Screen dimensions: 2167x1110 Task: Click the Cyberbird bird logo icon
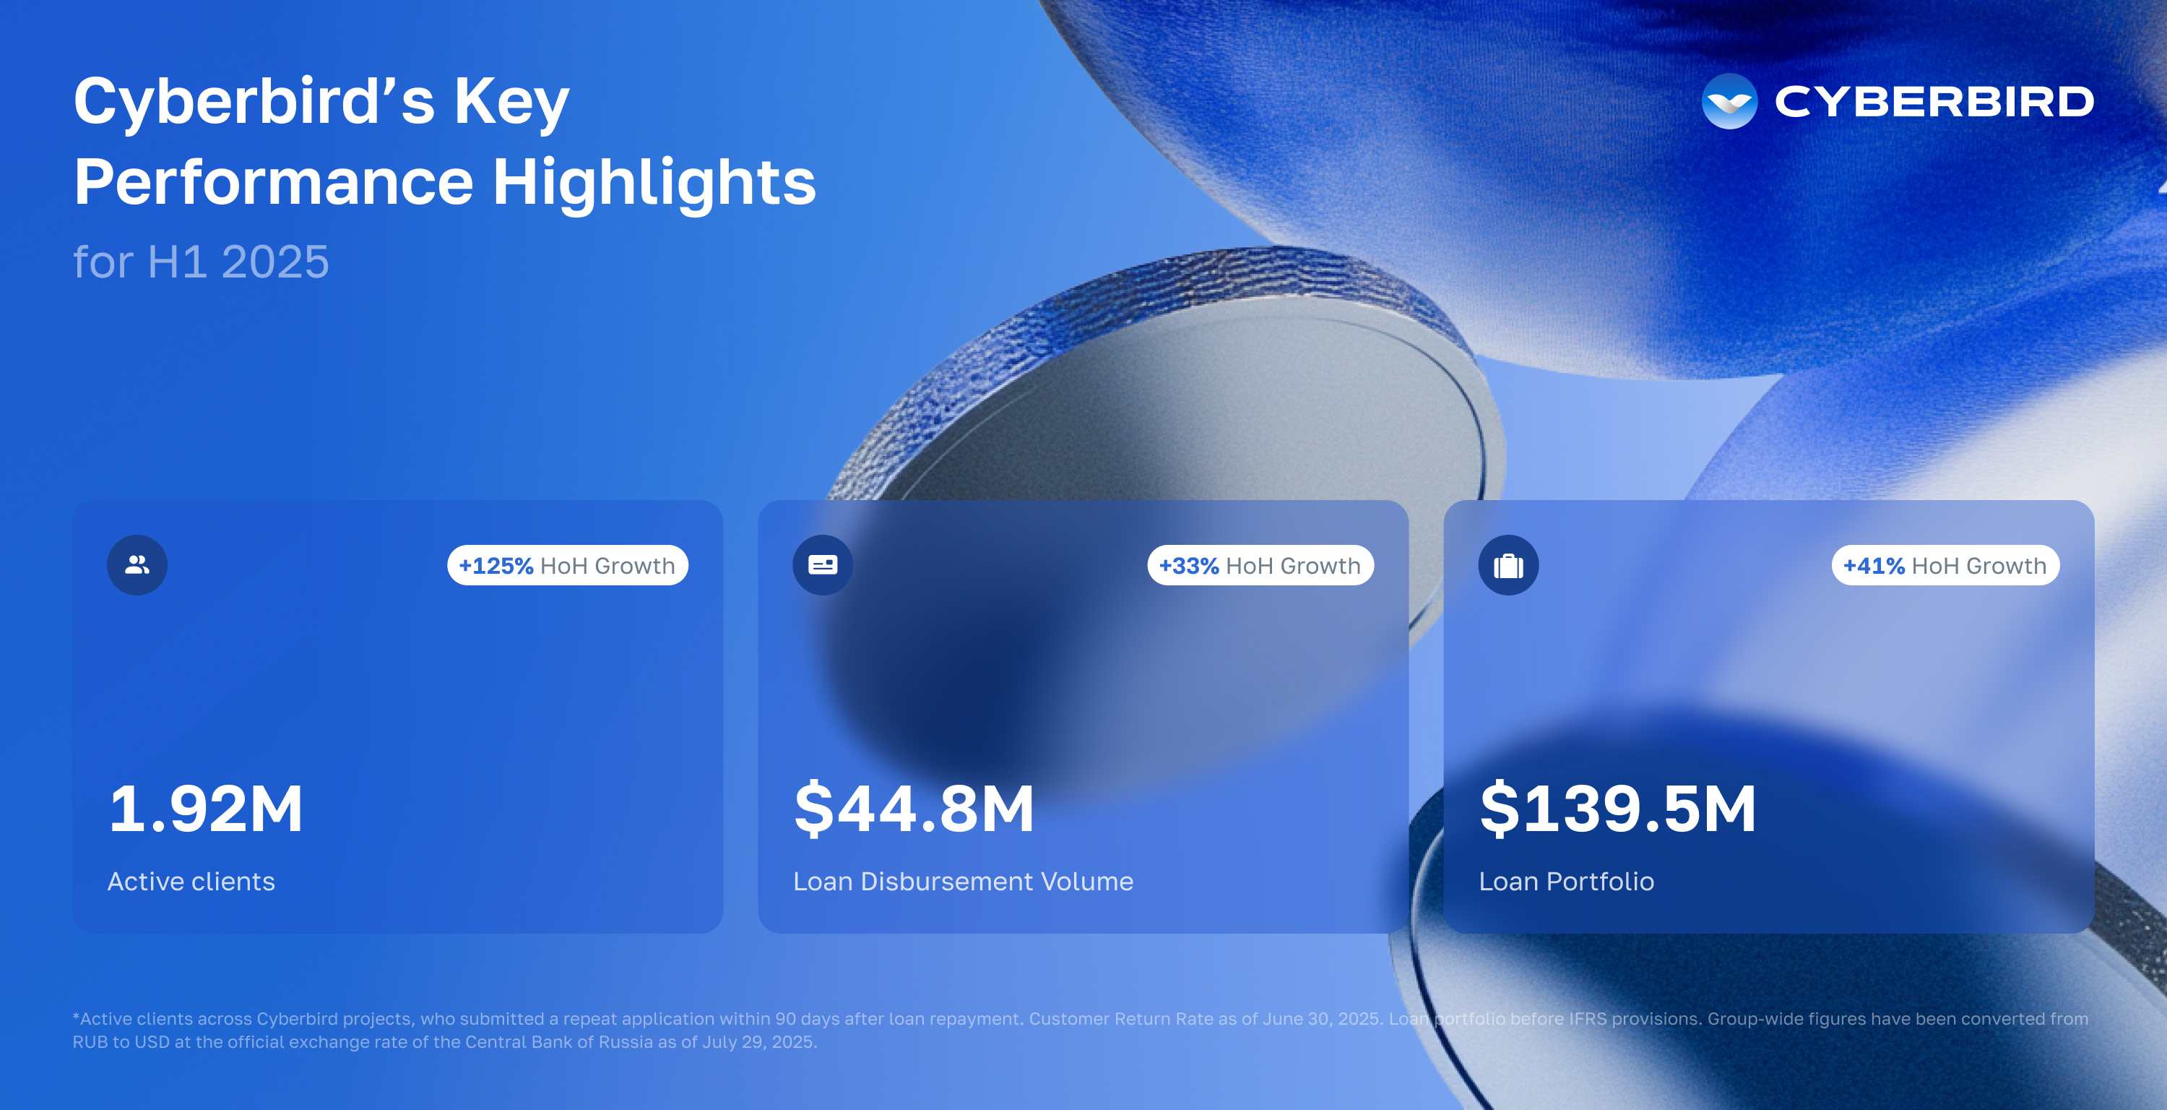[x=1729, y=101]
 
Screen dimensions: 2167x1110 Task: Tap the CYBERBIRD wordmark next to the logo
[x=1934, y=102]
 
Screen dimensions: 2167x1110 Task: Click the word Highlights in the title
[x=654, y=184]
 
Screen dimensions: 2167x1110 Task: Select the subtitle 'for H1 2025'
[x=201, y=262]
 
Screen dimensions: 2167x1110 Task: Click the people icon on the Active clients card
[x=137, y=564]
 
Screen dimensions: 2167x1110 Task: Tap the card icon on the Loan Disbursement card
[x=823, y=564]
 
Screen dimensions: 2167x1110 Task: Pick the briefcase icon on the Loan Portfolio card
[x=1508, y=564]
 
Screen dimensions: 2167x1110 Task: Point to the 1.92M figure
[x=206, y=809]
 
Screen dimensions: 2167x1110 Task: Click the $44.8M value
[x=914, y=809]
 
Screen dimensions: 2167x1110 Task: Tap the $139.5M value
[x=1619, y=809]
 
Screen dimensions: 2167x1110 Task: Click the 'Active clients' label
[x=191, y=881]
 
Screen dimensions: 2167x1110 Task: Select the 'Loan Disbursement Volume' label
[x=963, y=881]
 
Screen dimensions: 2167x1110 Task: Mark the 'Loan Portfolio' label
[x=1566, y=881]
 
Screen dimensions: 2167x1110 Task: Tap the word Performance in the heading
[x=273, y=182]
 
